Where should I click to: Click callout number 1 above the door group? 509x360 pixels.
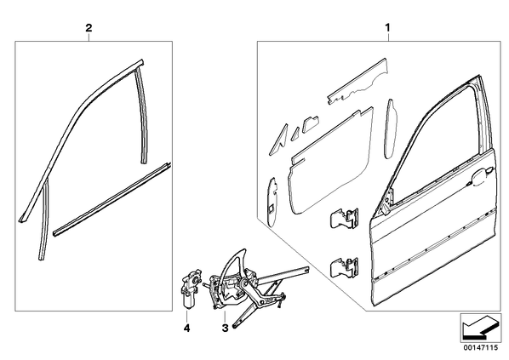click(387, 28)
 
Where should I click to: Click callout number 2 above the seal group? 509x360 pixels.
click(89, 28)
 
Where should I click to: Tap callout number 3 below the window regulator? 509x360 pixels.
click(225, 328)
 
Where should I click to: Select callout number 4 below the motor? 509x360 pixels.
click(186, 329)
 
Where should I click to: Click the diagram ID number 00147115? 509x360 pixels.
click(480, 348)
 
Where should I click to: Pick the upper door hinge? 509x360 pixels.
click(345, 217)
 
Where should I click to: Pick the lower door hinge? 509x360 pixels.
click(345, 267)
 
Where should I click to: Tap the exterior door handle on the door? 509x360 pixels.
click(482, 175)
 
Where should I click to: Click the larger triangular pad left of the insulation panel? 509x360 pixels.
click(279, 139)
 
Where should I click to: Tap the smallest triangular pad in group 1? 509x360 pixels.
click(295, 134)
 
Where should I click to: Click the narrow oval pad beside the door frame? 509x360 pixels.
click(390, 129)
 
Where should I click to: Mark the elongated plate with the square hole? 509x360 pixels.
click(272, 202)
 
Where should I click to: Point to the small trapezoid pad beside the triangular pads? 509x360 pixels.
click(311, 124)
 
